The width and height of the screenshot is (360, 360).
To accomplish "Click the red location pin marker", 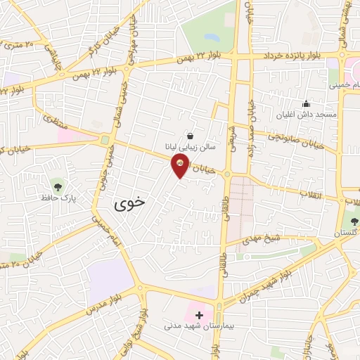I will (x=180, y=166).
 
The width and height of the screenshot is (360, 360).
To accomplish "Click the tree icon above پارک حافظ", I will (x=58, y=187).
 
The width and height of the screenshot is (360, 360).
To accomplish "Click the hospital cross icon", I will (x=200, y=314).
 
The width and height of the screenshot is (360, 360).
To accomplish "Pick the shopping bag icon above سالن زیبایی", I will (x=190, y=135).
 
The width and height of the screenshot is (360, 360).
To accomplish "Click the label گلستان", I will (x=345, y=233).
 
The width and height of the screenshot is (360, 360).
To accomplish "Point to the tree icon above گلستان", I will (x=354, y=221).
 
